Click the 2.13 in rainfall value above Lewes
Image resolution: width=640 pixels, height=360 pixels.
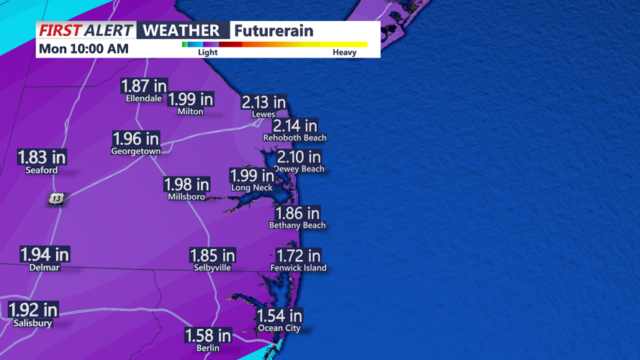(263, 102)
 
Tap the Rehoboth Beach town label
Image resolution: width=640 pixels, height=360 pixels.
(294, 138)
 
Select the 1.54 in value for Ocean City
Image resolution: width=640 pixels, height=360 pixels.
(279, 315)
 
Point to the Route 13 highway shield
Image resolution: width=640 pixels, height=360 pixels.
(56, 198)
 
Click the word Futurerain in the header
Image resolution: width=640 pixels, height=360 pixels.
(273, 30)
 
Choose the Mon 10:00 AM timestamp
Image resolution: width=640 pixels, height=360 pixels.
(84, 49)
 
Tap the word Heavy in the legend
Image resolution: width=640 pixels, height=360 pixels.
(344, 53)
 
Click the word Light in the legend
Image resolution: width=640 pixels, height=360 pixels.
(207, 53)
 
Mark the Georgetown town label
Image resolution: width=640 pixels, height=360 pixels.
(135, 152)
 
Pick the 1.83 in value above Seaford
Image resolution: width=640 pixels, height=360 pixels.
(42, 157)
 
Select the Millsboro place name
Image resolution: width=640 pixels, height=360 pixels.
(186, 197)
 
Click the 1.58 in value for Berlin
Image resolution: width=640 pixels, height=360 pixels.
(208, 336)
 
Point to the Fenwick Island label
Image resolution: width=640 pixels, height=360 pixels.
(298, 268)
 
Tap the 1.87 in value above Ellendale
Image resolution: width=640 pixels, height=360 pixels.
(144, 86)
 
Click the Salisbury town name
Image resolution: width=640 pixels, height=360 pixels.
(32, 323)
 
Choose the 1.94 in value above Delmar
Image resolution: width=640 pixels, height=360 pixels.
(45, 253)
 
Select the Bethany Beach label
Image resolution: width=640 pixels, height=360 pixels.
(297, 225)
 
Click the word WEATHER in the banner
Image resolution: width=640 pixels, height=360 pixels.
(181, 30)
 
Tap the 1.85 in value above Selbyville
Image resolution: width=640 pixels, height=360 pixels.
(212, 255)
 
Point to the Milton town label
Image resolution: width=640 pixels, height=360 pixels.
(190, 112)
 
